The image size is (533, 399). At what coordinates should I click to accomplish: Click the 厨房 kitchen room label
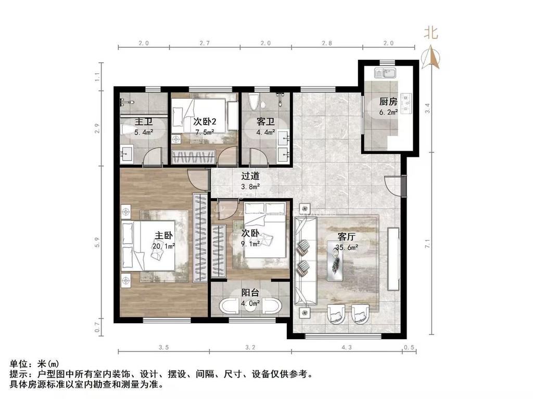[388, 101]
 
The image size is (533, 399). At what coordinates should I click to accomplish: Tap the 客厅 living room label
[346, 236]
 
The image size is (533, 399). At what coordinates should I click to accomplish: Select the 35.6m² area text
[347, 247]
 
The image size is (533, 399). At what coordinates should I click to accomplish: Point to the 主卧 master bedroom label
[164, 235]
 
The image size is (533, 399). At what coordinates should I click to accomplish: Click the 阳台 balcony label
[250, 292]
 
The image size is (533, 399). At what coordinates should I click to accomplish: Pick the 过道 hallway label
[250, 176]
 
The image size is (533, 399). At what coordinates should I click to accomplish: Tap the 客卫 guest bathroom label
[265, 122]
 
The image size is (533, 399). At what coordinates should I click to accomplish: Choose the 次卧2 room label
[205, 122]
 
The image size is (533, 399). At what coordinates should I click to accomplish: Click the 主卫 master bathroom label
[144, 122]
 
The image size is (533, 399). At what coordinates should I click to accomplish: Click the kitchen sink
[385, 73]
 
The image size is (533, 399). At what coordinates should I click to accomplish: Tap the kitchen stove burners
[406, 103]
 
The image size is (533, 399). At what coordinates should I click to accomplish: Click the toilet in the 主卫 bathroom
[126, 130]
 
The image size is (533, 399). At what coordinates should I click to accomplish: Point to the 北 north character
[430, 33]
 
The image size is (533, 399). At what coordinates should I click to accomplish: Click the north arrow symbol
[430, 56]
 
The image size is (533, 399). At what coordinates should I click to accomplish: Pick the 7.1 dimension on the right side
[428, 244]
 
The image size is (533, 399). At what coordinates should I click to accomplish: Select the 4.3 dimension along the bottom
[347, 347]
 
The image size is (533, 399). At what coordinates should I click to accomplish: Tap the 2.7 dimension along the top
[205, 43]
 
